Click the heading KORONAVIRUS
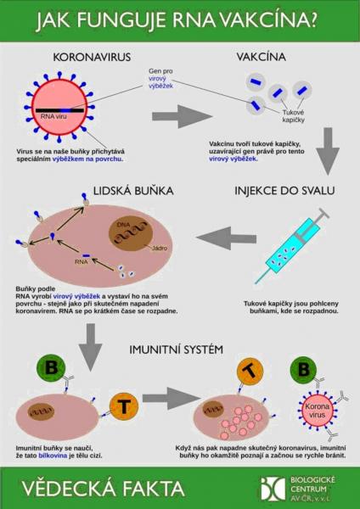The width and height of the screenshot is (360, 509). (92, 57)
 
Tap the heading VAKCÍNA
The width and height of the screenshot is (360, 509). (261, 57)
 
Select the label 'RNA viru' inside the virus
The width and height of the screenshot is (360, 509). (53, 116)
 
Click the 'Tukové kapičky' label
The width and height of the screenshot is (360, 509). (294, 116)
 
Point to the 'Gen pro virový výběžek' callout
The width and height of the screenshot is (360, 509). (160, 78)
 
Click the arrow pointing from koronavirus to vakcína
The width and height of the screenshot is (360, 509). (182, 116)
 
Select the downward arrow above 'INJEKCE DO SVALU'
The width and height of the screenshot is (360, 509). (328, 151)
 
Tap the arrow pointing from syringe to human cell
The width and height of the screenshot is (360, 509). (226, 238)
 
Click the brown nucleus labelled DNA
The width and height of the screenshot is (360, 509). (131, 233)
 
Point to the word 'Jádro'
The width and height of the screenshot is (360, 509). (160, 248)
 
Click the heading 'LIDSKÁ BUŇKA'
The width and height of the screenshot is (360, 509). (133, 191)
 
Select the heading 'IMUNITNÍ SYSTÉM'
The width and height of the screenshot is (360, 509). (176, 350)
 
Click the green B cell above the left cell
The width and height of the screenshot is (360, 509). (51, 368)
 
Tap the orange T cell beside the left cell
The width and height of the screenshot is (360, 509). (124, 406)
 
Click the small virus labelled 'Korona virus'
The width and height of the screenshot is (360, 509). (317, 411)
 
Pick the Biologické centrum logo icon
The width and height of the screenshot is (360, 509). (273, 489)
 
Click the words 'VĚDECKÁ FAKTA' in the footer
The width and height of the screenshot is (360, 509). (104, 489)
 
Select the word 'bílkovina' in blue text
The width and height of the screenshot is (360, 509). (53, 456)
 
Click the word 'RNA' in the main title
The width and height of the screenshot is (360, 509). (194, 20)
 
